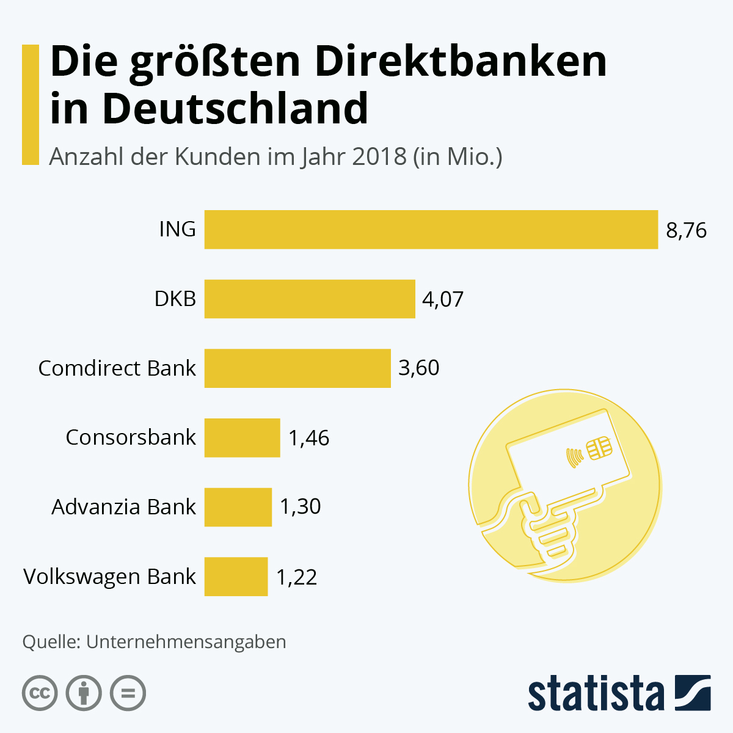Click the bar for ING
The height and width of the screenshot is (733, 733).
tap(431, 230)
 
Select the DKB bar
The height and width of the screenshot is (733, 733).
tap(310, 299)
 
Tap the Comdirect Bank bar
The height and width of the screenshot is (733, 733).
tap(297, 368)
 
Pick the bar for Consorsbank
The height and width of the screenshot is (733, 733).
tap(242, 437)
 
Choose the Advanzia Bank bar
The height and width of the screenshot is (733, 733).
tap(238, 507)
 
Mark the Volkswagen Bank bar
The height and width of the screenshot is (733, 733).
tap(236, 576)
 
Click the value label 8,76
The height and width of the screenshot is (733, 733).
tap(686, 230)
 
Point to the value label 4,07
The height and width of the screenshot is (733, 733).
tap(443, 299)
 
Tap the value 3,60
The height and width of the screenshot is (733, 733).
tap(418, 368)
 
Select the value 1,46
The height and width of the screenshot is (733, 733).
tap(308, 438)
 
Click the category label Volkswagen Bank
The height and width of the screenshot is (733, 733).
tap(109, 577)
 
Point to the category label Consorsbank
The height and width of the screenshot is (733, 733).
tap(131, 437)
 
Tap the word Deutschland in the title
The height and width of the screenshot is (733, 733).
tap(235, 109)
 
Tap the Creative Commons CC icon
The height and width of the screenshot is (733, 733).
tap(40, 693)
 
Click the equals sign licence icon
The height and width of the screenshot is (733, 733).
tap(128, 693)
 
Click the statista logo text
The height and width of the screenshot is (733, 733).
tap(596, 694)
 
